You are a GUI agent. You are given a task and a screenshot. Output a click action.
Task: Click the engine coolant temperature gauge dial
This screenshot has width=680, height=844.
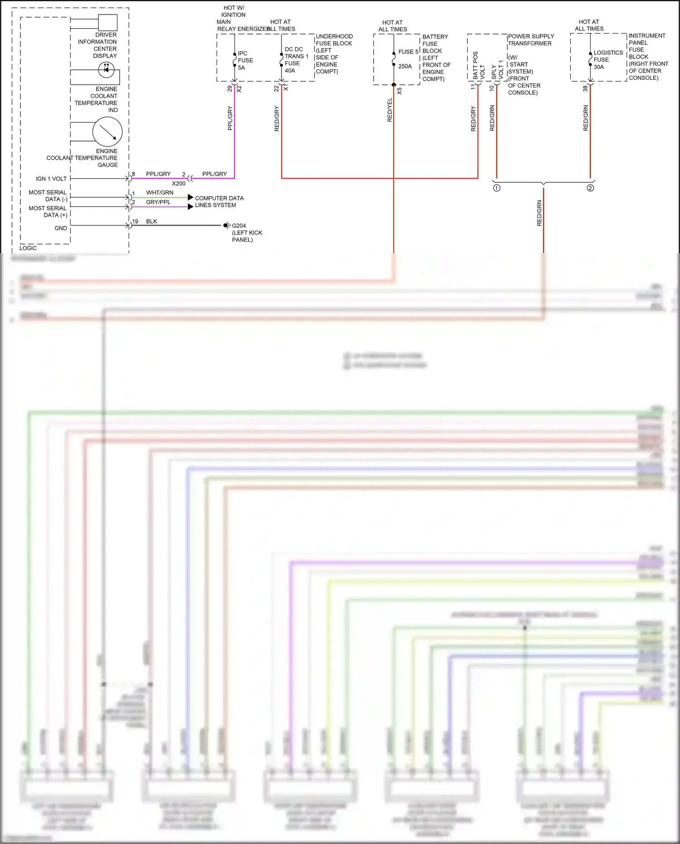107,132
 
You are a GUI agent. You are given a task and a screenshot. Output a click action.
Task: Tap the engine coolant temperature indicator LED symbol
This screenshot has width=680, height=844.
107,70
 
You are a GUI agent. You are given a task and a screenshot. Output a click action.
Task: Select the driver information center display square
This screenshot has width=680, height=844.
108,23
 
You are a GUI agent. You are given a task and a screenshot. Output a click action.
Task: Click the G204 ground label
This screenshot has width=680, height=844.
239,226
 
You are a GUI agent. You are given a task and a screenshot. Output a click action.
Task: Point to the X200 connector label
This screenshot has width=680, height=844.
179,184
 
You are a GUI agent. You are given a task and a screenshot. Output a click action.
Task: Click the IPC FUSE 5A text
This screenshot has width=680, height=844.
245,60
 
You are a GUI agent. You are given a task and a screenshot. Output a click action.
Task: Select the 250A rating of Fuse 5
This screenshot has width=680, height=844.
405,66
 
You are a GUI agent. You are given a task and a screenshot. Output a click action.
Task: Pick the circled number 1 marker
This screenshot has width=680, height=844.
497,188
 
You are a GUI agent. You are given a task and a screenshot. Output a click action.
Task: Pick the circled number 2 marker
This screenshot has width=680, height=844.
590,188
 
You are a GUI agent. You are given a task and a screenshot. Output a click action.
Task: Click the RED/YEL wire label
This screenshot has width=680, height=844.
390,110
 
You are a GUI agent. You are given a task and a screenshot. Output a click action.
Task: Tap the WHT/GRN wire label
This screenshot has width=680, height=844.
160,193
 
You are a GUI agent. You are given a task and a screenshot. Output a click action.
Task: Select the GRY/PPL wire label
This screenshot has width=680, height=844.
158,202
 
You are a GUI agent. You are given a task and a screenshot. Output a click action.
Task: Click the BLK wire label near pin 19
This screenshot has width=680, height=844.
151,221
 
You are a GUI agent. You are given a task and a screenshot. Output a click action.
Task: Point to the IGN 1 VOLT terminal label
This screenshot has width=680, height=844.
51,179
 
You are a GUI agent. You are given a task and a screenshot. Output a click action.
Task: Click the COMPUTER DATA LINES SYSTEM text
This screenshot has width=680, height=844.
219,202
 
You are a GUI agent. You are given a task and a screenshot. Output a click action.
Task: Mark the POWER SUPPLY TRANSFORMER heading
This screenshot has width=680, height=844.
530,40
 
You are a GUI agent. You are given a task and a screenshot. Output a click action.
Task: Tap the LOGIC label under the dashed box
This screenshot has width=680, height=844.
28,248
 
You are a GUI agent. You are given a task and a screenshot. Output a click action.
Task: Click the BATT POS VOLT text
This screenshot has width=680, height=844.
479,66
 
